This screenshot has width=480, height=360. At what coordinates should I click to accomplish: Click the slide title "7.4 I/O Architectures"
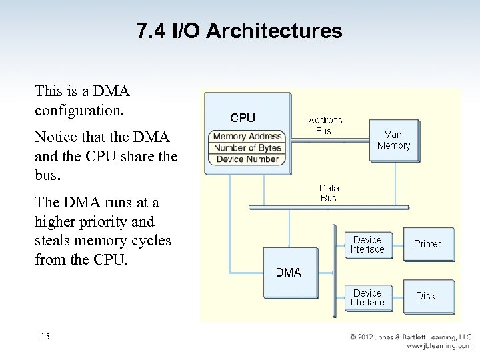tap(239, 31)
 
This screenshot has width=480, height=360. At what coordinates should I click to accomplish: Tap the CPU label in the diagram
tap(243, 118)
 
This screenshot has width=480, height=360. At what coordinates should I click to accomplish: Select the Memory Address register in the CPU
tap(247, 137)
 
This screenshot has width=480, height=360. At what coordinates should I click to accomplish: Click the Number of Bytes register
tap(247, 148)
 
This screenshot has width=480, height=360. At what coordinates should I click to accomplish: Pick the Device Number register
tap(247, 159)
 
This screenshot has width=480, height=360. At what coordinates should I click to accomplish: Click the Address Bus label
tap(325, 125)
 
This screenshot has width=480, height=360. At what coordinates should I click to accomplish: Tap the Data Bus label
tap(329, 193)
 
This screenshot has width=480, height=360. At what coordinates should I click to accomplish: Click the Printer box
tap(427, 244)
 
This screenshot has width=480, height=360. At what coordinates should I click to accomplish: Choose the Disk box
tap(427, 296)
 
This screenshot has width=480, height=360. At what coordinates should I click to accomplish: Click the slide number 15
tap(45, 337)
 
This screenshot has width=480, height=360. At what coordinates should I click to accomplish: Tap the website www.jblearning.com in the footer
tap(439, 346)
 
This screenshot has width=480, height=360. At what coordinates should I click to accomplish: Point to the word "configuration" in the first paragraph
tap(79, 109)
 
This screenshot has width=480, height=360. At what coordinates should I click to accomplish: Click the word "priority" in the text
tap(126, 221)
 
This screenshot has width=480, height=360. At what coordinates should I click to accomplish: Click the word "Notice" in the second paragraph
tap(55, 137)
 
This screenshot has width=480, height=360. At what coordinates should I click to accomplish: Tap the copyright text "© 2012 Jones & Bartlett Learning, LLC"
tap(411, 337)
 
